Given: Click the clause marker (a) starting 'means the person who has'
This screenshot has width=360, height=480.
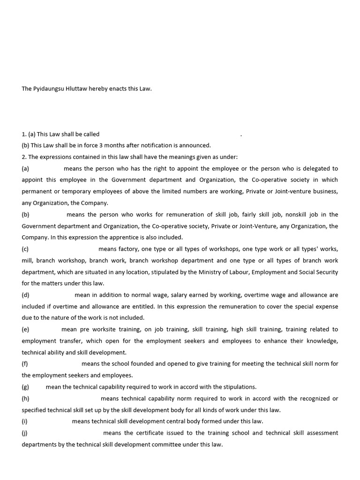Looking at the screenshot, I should (25, 168).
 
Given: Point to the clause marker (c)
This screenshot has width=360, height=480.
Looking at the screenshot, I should (25, 249).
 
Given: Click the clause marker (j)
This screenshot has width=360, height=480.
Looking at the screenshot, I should (25, 433).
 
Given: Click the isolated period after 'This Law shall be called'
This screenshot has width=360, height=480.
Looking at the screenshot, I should (241, 135).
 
